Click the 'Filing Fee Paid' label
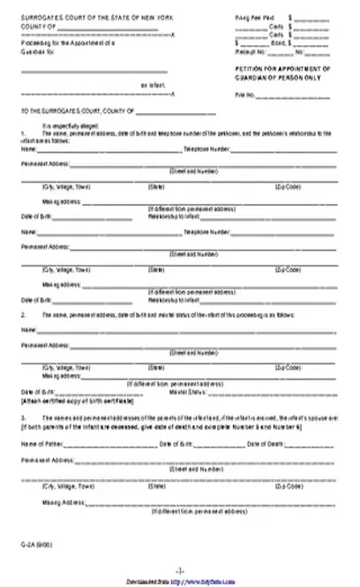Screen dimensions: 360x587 (254, 18)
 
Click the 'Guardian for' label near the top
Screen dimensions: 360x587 (33, 49)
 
